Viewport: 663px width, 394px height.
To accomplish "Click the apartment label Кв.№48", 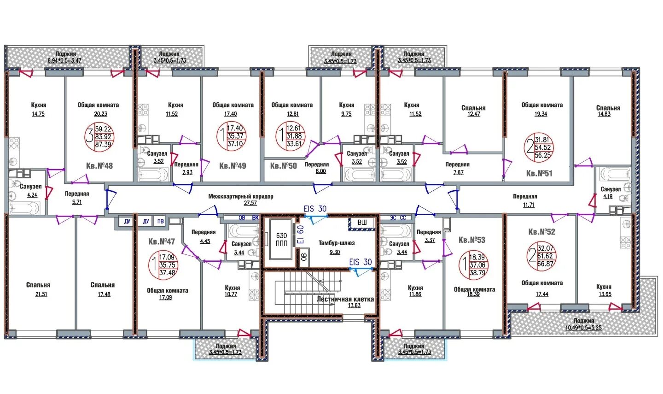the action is [99, 165].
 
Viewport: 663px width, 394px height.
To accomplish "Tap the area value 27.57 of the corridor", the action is [250, 203].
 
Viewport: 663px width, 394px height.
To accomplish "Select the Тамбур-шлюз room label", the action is [337, 243].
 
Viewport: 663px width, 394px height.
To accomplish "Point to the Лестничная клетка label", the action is [345, 299].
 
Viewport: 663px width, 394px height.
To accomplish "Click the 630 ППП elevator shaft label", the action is [281, 240].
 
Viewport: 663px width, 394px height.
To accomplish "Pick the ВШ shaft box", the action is [362, 223].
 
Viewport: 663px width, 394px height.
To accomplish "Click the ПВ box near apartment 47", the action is [160, 221].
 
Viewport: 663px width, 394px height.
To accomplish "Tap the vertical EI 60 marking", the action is [300, 234].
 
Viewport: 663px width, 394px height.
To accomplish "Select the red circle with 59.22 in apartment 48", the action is [100, 136].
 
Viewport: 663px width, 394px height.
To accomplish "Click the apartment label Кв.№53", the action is [472, 240].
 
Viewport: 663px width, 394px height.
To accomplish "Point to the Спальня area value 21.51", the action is [41, 294].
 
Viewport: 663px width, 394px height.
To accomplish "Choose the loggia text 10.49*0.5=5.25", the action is [583, 328].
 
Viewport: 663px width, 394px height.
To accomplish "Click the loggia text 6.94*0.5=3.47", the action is [64, 60].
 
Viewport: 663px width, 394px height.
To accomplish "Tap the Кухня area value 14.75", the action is [38, 114].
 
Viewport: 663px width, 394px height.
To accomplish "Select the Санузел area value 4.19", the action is [608, 196].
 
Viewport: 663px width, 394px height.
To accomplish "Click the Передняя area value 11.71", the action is [529, 205].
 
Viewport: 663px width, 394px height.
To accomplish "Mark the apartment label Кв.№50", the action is [283, 165].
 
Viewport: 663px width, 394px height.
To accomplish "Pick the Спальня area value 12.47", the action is [474, 114].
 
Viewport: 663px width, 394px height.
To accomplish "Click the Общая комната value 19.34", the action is [541, 114].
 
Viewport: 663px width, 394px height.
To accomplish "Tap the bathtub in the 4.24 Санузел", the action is [24, 208].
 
